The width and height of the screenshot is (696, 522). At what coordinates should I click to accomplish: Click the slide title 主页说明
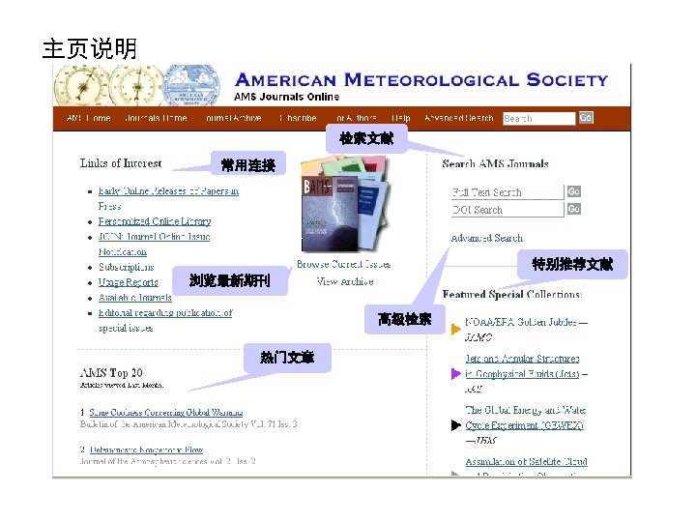click(90, 48)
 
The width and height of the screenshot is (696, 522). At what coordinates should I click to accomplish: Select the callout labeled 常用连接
click(247, 165)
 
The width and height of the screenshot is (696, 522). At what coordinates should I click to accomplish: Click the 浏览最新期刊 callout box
click(230, 280)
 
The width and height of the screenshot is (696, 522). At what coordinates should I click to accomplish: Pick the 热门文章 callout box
click(286, 357)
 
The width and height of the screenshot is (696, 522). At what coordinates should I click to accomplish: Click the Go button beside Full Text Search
click(573, 191)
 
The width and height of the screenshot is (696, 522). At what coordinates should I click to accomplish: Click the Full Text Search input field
click(507, 192)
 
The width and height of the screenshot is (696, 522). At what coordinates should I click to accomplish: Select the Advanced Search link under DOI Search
click(486, 238)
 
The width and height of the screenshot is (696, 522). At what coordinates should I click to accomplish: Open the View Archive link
click(344, 281)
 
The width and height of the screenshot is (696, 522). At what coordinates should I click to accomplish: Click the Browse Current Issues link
click(344, 264)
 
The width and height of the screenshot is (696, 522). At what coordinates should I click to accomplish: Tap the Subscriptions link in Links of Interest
click(126, 267)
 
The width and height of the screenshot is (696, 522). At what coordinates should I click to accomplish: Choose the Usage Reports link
click(128, 282)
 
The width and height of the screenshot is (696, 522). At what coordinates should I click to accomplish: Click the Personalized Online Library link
click(155, 221)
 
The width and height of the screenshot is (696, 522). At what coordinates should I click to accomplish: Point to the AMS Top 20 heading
click(111, 372)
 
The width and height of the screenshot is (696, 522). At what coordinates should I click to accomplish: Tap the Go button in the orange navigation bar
click(586, 118)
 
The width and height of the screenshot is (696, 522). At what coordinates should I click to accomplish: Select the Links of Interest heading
click(121, 163)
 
